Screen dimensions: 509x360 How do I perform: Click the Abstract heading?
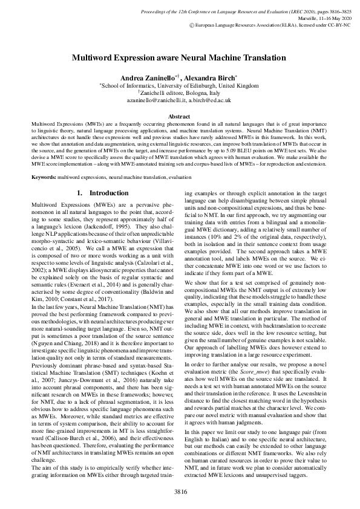179,116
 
